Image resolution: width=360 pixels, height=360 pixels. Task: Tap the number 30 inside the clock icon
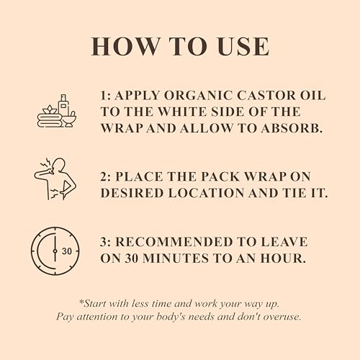coord(66,251)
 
